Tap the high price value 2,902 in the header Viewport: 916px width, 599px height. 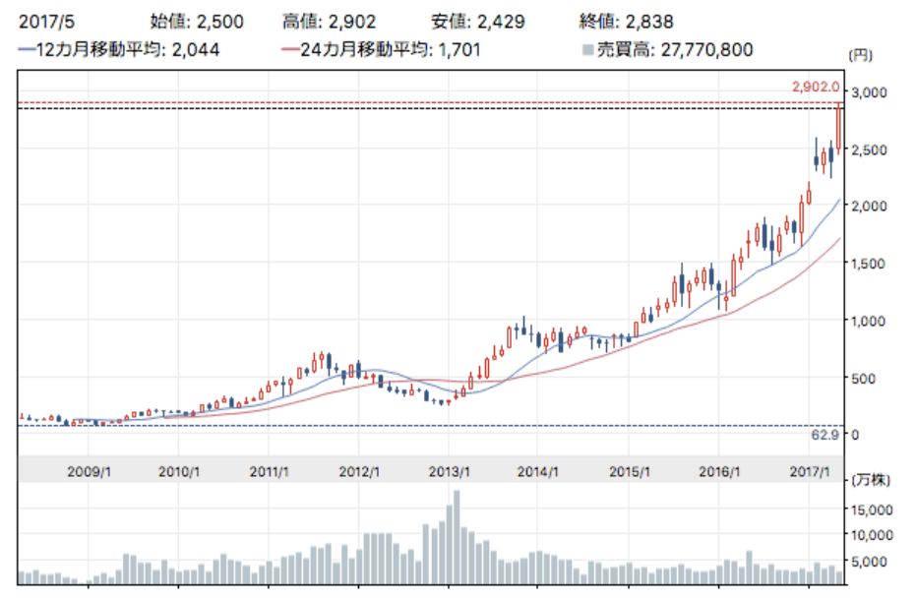click(356, 21)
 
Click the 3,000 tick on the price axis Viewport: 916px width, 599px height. click(870, 91)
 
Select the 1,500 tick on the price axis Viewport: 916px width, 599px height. click(870, 263)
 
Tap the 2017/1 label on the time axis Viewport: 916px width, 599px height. click(811, 472)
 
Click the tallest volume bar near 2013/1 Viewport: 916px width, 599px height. click(457, 537)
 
